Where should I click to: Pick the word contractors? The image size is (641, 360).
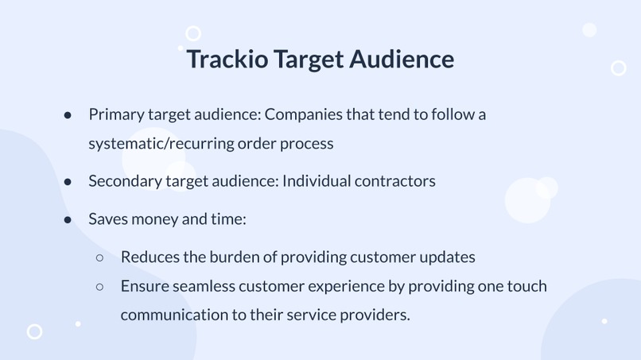(394, 181)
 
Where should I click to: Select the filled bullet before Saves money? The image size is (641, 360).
(68, 219)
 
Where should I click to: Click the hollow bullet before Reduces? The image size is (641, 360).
(100, 257)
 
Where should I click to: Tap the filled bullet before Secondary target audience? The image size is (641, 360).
(68, 182)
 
